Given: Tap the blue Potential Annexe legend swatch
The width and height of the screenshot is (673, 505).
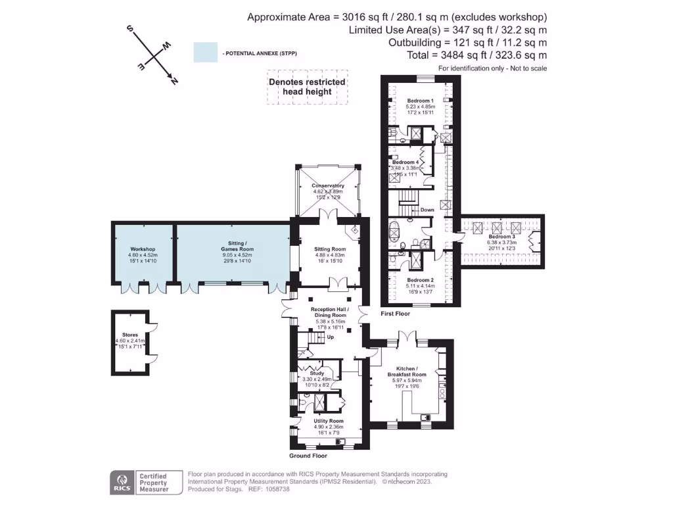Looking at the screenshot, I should (x=205, y=53).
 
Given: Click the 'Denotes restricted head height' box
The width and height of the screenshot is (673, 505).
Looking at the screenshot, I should (x=307, y=87).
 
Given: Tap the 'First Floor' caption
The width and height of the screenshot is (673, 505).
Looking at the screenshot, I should (x=396, y=314).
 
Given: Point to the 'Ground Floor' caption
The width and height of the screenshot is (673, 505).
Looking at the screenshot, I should (x=308, y=456).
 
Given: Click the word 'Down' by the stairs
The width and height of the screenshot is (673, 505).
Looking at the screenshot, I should (x=427, y=210).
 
